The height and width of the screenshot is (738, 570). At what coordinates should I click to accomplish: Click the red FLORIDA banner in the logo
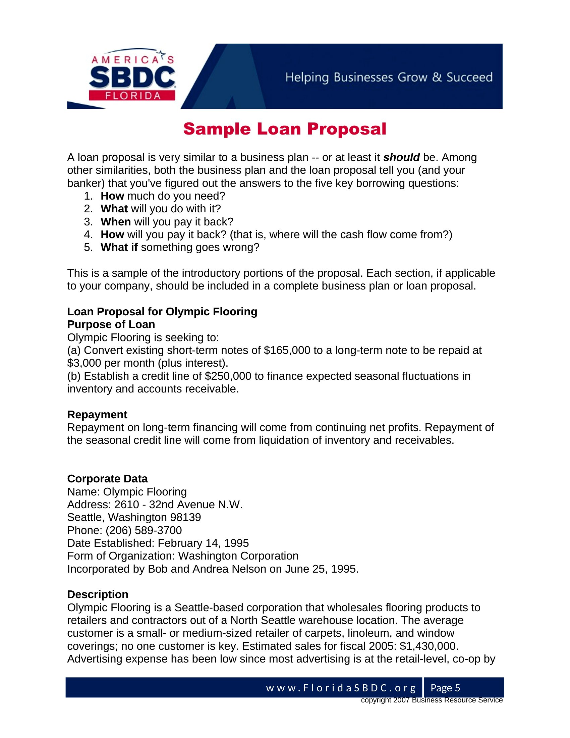[x=132, y=96]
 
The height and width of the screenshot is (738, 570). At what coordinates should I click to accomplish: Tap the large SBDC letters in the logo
[x=132, y=77]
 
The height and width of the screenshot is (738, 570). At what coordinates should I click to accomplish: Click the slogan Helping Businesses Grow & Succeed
[x=389, y=77]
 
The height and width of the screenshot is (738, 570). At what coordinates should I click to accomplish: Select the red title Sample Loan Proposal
[x=285, y=129]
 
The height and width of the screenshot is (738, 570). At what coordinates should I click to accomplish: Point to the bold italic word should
[x=401, y=157]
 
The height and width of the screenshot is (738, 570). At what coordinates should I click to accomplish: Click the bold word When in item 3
[x=115, y=222]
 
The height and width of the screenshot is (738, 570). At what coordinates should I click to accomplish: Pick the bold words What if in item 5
[x=119, y=247]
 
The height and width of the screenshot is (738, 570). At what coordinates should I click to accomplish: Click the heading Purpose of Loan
[x=111, y=324]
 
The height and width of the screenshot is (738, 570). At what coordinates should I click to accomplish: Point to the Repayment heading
[x=97, y=415]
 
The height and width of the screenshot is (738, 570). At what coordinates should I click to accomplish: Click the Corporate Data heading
[x=107, y=479]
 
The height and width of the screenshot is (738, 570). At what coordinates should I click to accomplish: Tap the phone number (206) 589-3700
[x=144, y=530]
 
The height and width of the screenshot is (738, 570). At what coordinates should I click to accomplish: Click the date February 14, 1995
[x=203, y=543]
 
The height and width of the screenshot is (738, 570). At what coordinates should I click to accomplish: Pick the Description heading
[x=98, y=594]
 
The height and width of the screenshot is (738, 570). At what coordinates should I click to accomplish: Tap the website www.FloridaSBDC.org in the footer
[x=341, y=688]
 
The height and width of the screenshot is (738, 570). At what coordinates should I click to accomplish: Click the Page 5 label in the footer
[x=445, y=688]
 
